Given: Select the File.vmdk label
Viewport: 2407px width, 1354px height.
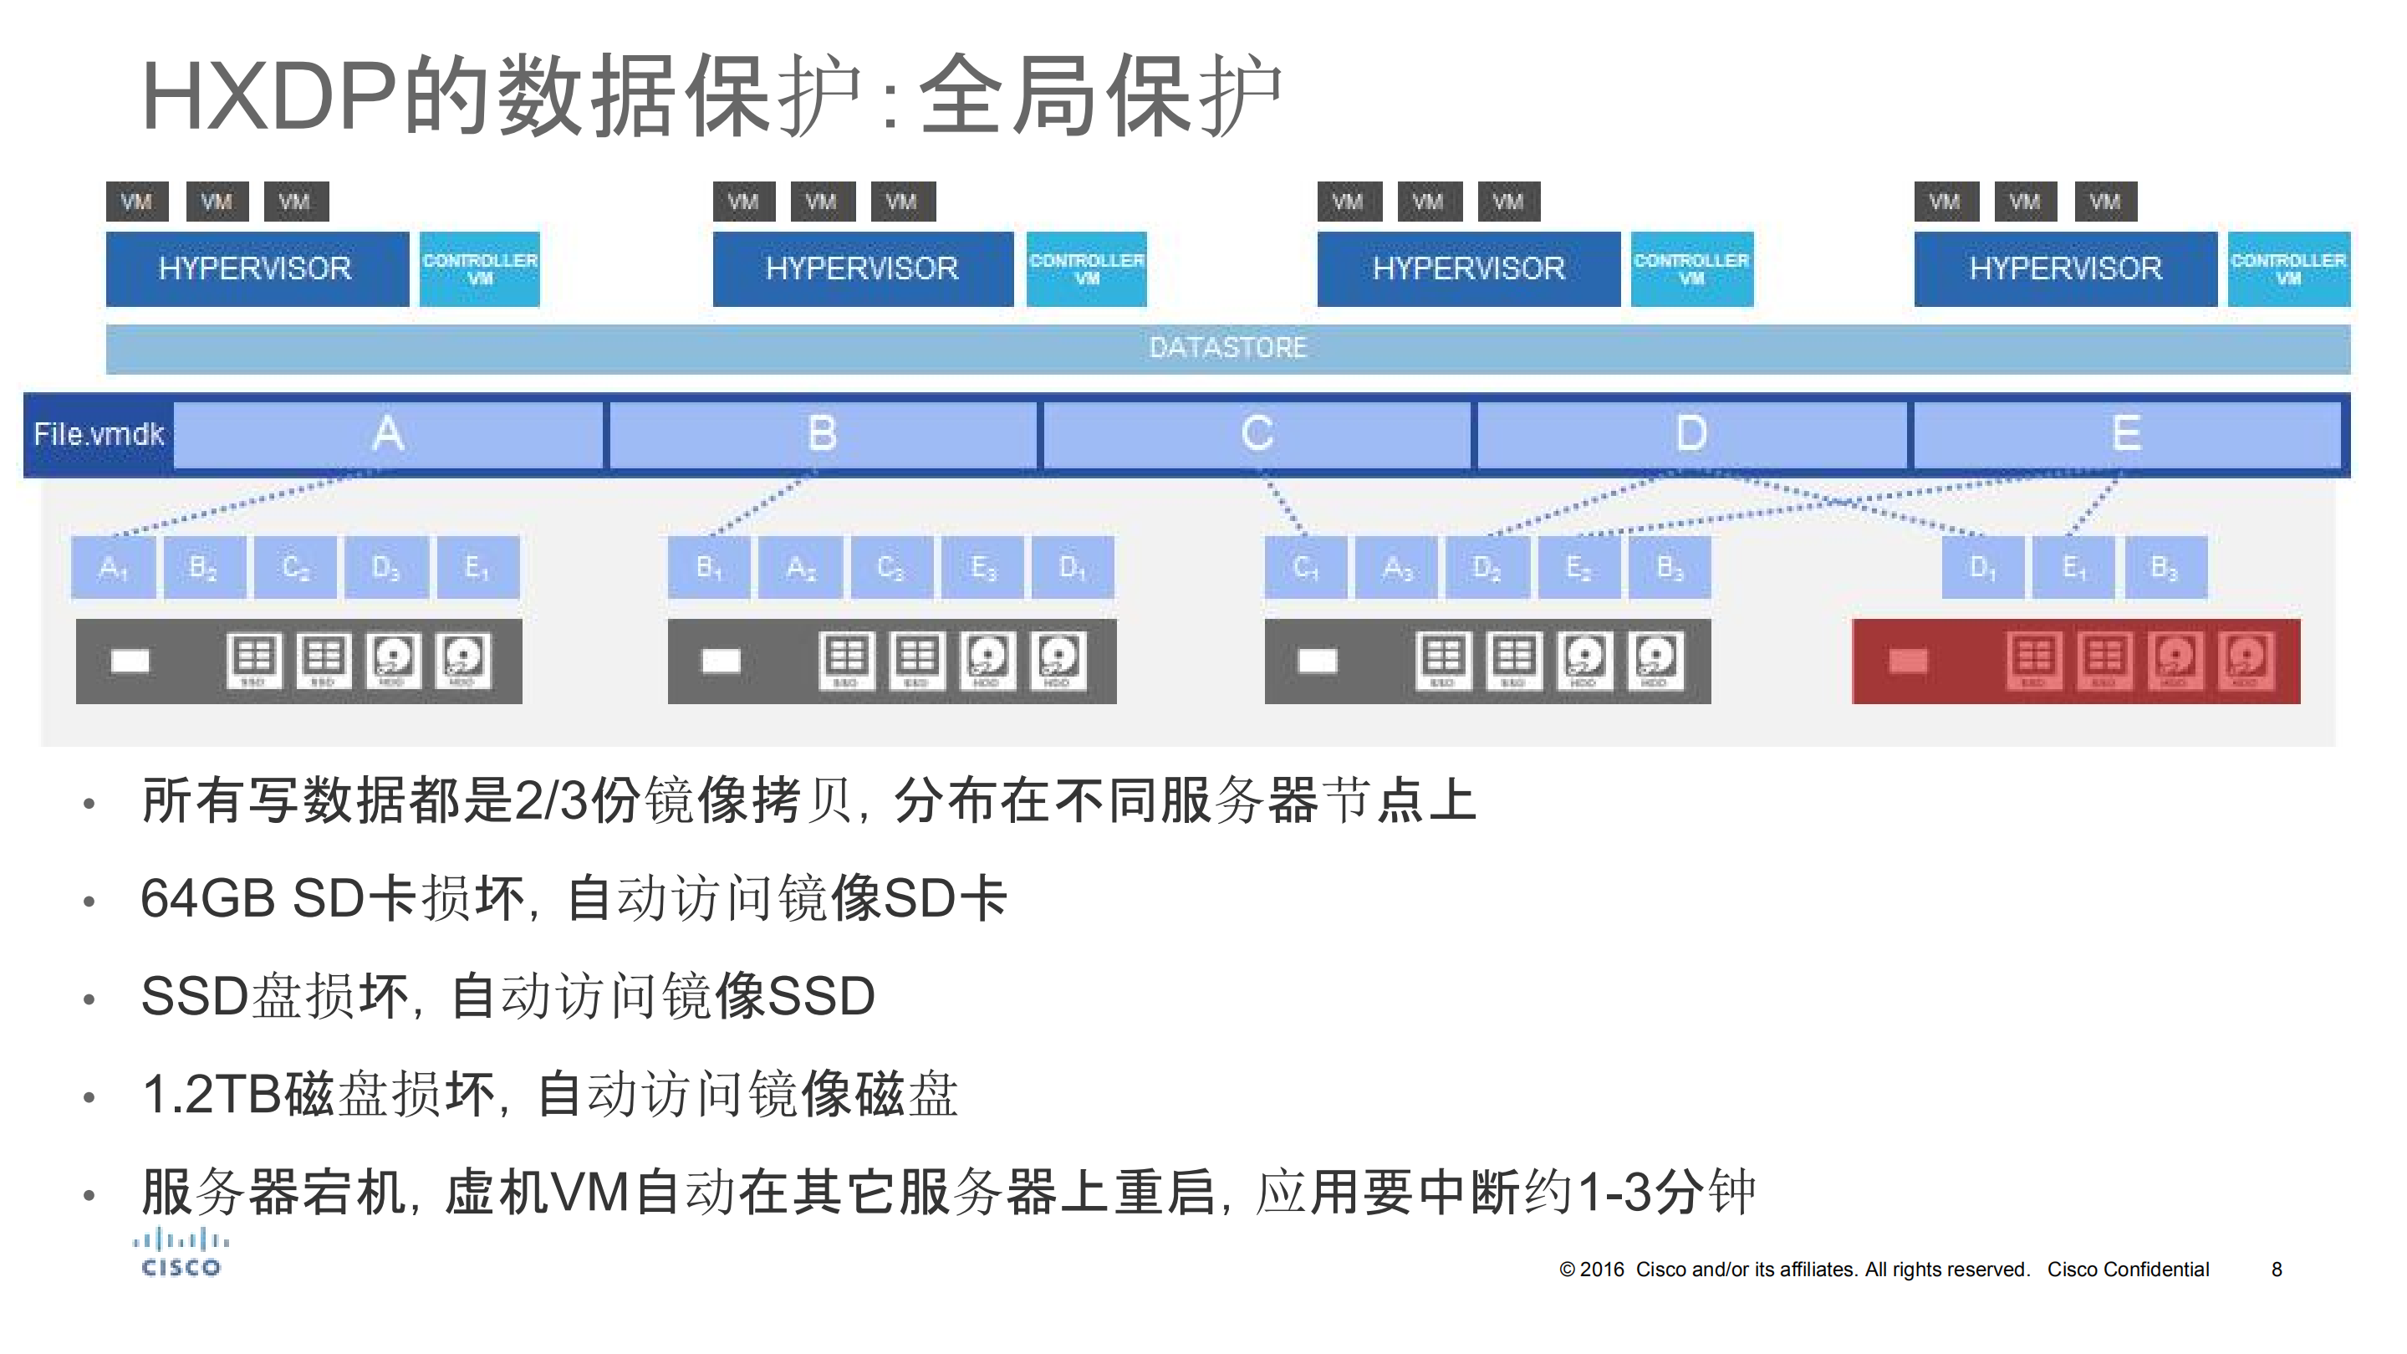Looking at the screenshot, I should [98, 435].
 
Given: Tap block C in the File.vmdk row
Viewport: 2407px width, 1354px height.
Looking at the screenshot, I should [1257, 435].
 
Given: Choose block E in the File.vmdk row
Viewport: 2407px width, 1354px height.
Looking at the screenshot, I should [2126, 435].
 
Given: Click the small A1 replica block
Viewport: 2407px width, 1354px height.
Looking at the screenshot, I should [113, 567].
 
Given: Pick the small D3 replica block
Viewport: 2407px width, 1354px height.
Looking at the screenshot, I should [386, 567].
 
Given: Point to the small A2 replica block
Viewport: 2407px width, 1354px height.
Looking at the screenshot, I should [800, 567].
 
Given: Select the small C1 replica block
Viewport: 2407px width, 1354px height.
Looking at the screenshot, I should [1305, 567].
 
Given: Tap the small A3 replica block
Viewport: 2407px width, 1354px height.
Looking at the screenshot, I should [1397, 567].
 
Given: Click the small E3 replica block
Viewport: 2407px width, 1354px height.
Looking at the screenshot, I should [983, 567].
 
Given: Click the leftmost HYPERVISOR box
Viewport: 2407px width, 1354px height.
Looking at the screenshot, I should [256, 269].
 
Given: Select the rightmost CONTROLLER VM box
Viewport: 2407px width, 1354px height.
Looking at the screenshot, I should [2287, 269].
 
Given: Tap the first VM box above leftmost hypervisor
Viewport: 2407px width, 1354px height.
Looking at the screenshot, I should [136, 202].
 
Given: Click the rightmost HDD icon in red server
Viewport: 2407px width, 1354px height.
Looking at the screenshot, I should [2246, 659].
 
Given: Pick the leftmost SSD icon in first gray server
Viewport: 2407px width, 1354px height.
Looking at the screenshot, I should [253, 659].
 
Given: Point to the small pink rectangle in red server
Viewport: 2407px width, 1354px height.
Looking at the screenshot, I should [1907, 662].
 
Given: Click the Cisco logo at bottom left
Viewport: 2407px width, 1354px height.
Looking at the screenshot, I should [181, 1254].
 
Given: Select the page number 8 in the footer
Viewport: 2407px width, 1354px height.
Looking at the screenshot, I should [2277, 1270].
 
